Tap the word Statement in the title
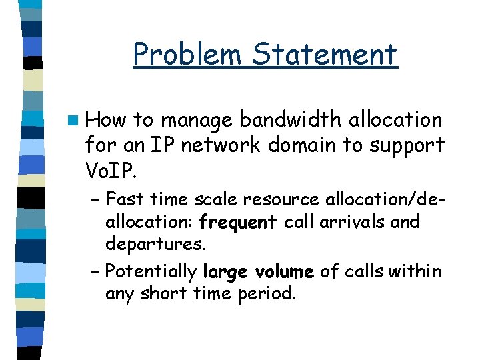click(x=325, y=55)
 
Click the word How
click(x=105, y=120)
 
